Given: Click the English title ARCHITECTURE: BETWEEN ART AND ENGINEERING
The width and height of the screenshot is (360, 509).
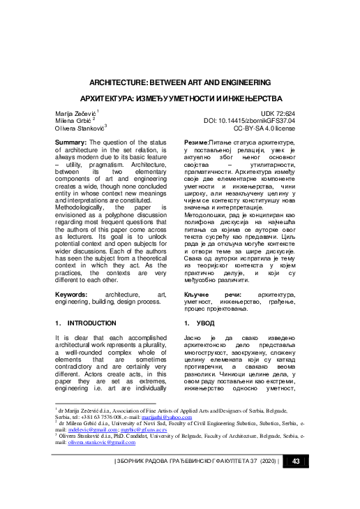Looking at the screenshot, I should tap(179, 82).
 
